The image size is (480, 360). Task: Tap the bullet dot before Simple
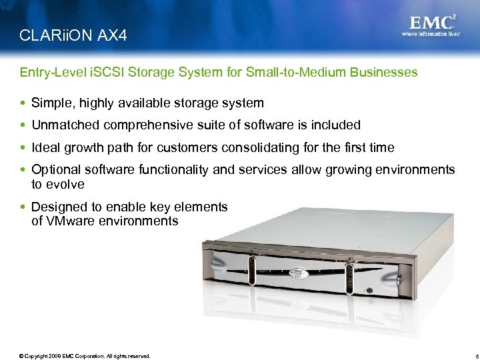pos(25,103)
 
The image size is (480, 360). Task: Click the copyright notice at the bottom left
pos(85,356)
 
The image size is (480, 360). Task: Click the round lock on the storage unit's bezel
pos(370,290)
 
